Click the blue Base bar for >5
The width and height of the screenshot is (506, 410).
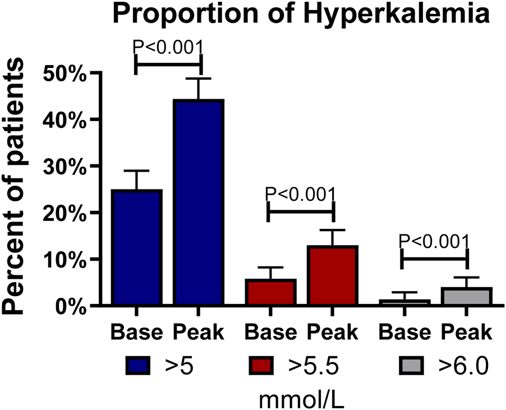[137, 248]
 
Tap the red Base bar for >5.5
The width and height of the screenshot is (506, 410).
[270, 292]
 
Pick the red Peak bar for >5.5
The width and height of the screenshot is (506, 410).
[333, 275]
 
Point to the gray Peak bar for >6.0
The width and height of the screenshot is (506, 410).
[467, 296]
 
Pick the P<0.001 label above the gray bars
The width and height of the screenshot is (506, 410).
[434, 241]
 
